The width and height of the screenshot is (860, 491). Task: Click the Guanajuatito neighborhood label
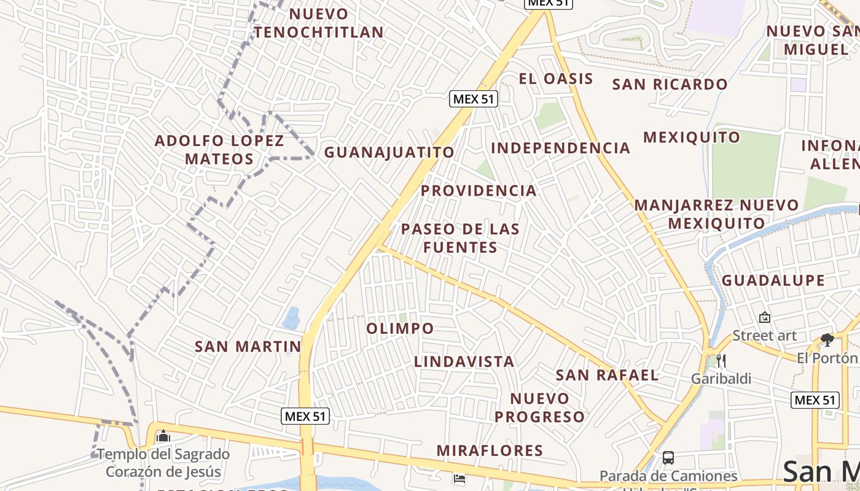(x=389, y=152)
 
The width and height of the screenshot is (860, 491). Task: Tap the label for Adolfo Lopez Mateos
(x=219, y=150)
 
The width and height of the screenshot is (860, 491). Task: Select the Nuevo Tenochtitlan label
(x=319, y=23)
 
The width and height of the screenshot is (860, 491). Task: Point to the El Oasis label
(x=556, y=79)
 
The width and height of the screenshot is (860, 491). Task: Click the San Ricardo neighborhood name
(x=670, y=84)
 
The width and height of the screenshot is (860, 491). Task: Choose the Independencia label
(x=560, y=148)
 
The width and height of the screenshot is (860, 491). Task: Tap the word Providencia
(x=479, y=191)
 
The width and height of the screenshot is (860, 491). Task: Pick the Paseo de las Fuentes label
(x=460, y=238)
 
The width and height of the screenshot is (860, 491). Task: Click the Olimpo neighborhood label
(x=400, y=328)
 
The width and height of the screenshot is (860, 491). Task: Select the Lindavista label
(x=464, y=361)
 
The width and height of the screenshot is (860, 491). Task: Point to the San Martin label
(x=248, y=346)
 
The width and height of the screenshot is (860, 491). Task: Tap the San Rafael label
(x=607, y=375)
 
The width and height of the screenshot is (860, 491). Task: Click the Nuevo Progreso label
(x=540, y=408)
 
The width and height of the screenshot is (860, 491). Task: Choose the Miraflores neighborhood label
(x=490, y=450)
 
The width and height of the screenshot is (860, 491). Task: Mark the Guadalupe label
(x=773, y=280)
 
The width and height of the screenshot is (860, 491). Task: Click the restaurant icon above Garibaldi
(x=721, y=360)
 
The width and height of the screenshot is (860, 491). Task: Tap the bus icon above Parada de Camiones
(x=668, y=458)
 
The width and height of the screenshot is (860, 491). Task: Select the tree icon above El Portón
(x=827, y=339)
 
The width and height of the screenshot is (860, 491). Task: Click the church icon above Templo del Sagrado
(x=163, y=436)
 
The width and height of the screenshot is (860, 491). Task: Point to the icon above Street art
(x=765, y=317)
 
